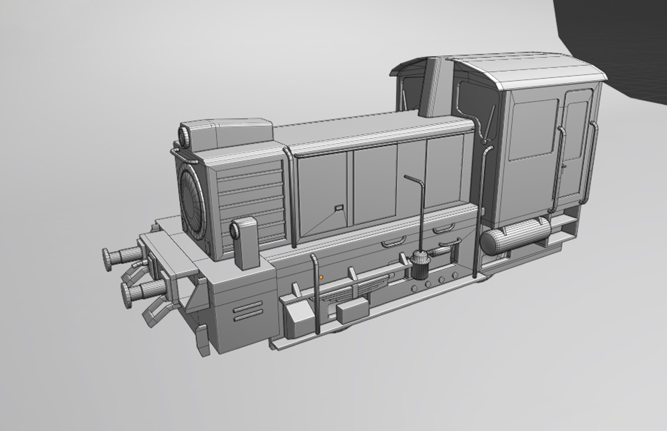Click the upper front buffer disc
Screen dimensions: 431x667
click(x=107, y=259)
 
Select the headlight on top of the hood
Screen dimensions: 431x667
click(x=185, y=136)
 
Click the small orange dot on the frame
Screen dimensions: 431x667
click(x=321, y=277)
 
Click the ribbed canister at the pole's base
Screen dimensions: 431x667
click(x=419, y=265)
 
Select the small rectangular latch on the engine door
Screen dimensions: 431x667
click(x=338, y=208)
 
